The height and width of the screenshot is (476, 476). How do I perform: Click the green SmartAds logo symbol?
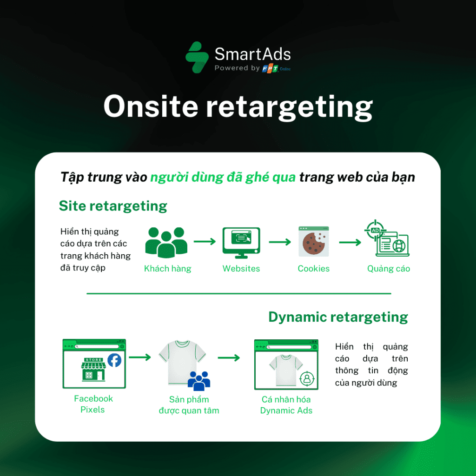pos(197,57)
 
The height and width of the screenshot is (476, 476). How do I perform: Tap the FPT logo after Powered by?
pos(270,69)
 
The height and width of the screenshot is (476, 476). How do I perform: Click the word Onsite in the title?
pos(151,106)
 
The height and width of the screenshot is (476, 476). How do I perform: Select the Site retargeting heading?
pos(113,206)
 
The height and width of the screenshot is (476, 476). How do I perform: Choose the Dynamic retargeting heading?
pos(338,317)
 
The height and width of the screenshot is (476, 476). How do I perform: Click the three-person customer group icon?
pos(166,242)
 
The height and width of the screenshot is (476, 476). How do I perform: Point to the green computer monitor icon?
pos(241,243)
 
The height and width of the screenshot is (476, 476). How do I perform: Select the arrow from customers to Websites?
pos(205,242)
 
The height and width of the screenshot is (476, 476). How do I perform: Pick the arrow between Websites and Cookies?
pos(280,242)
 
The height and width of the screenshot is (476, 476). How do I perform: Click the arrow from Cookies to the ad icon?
pos(350,242)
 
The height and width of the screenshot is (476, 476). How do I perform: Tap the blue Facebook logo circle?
pos(114,360)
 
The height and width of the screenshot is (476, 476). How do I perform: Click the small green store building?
pos(93,369)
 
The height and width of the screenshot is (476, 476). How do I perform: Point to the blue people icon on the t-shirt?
pos(199,381)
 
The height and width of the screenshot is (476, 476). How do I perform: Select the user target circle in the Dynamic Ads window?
pos(307,378)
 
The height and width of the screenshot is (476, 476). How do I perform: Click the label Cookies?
pos(314,269)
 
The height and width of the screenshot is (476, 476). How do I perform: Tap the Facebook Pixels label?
pos(93,404)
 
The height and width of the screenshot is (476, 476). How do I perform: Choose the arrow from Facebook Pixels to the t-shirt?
pos(140,357)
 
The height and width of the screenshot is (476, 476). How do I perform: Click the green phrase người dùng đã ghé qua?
pos(223,178)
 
